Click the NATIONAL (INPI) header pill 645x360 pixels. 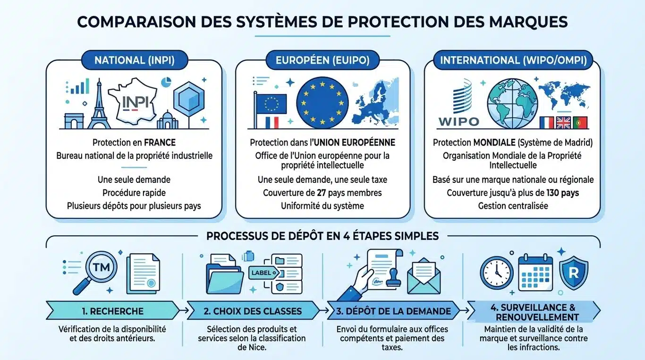point(135,60)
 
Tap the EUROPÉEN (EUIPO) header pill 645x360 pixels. point(322,60)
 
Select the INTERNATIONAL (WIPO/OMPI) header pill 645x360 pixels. point(514,60)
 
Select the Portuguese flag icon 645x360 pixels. point(580,122)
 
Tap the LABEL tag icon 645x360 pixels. point(261,273)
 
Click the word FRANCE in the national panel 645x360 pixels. point(159,142)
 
